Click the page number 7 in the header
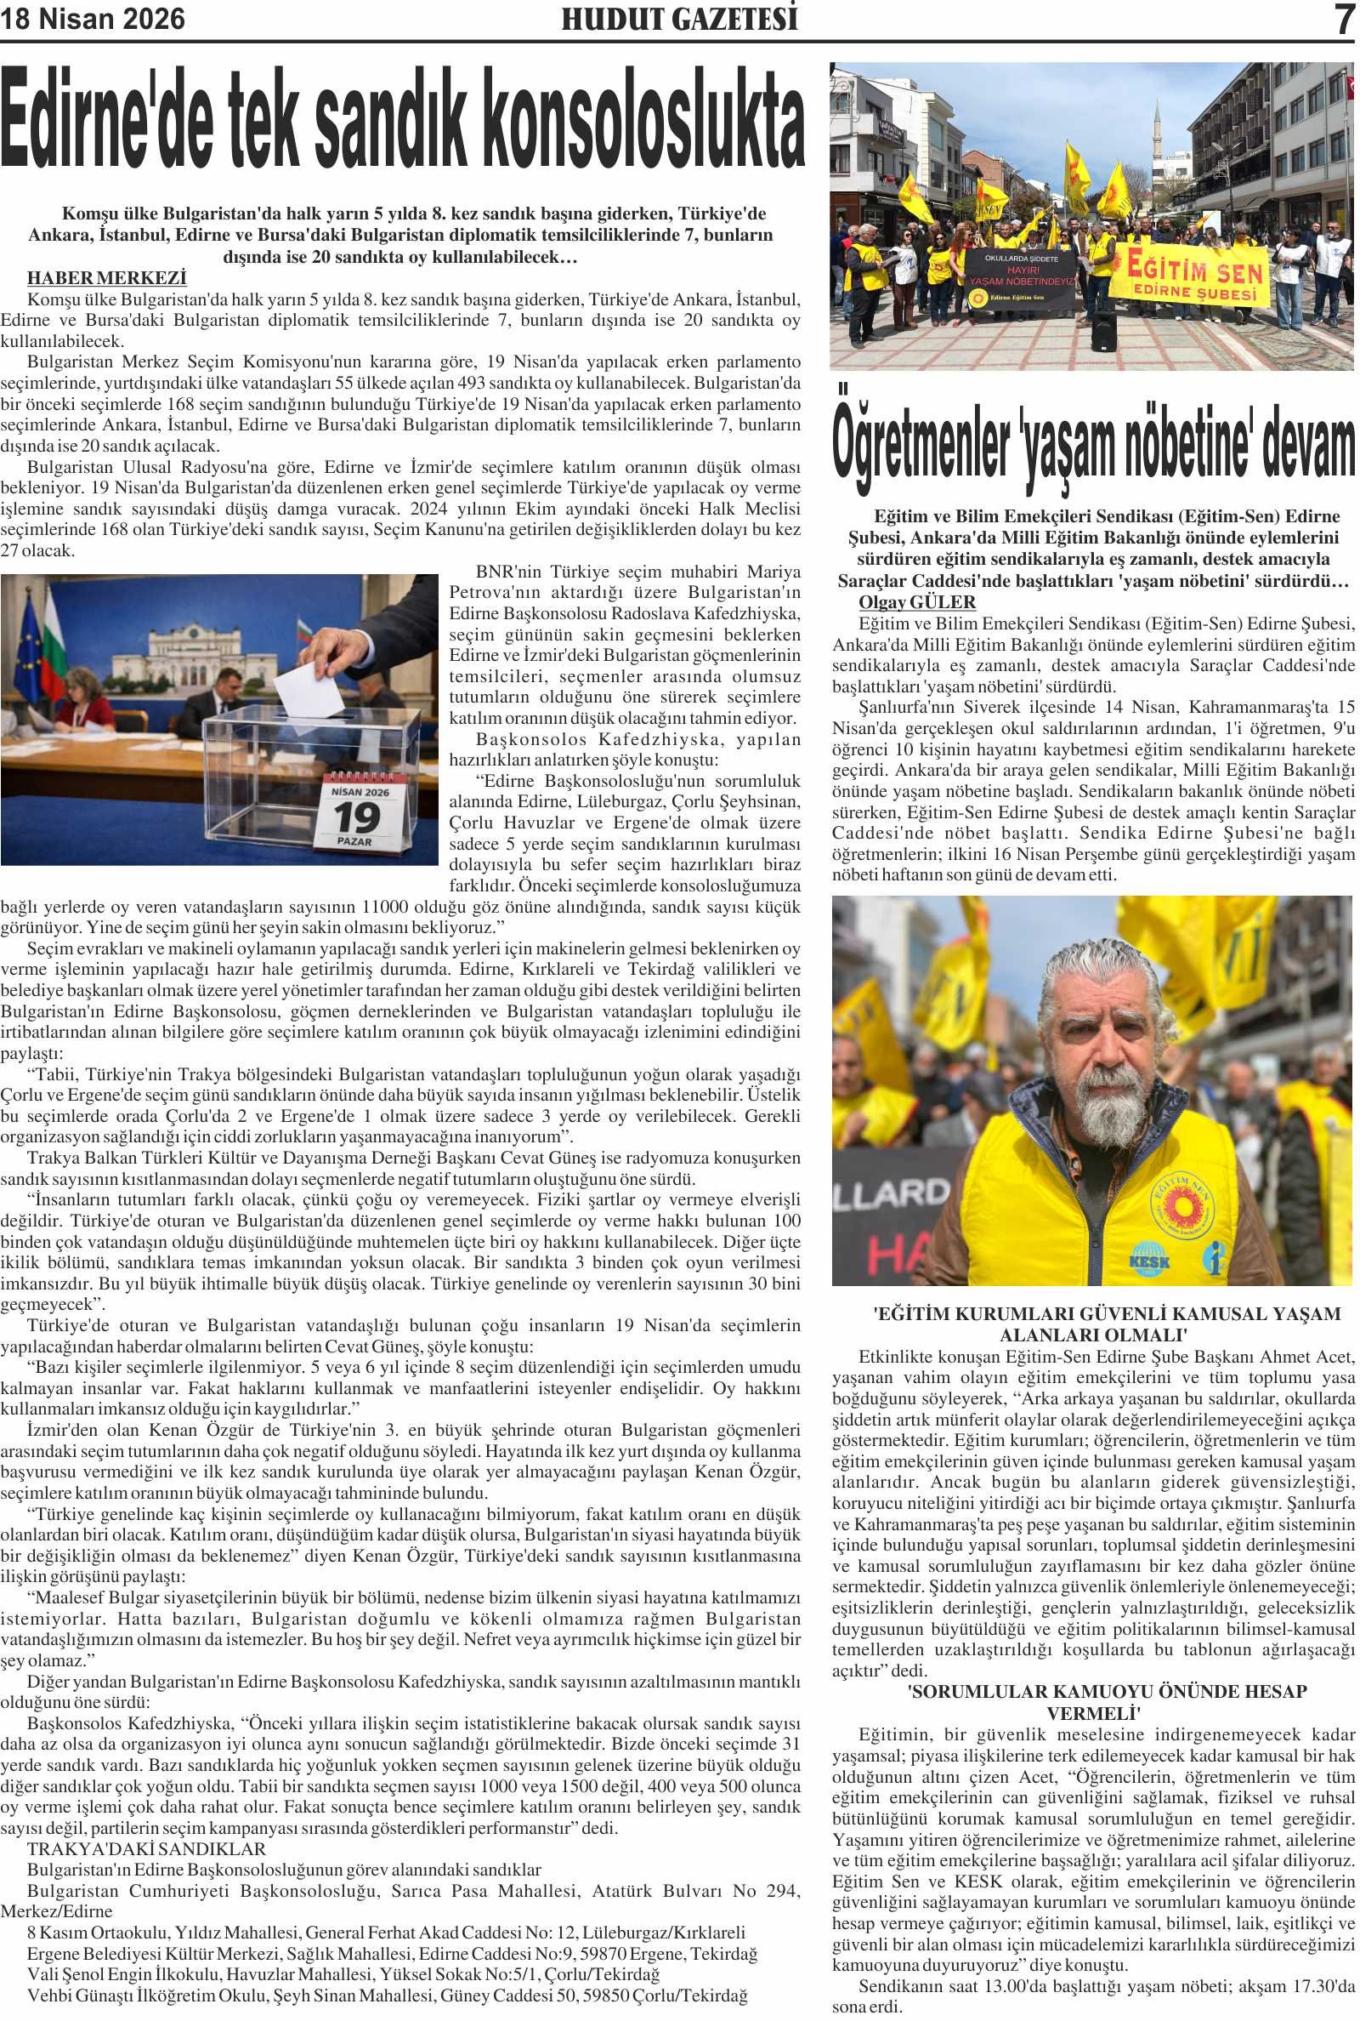pyautogui.click(x=1344, y=19)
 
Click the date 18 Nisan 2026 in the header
pyautogui.click(x=93, y=19)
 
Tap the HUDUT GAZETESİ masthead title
pyautogui.click(x=679, y=19)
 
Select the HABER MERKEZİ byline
pyautogui.click(x=107, y=278)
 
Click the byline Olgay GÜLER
pyautogui.click(x=917, y=602)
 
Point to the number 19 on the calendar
pyautogui.click(x=357, y=817)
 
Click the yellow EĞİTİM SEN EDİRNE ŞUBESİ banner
pyautogui.click(x=1195, y=276)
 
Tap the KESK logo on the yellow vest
pyautogui.click(x=1150, y=1260)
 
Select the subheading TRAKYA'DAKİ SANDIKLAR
pyautogui.click(x=146, y=1849)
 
